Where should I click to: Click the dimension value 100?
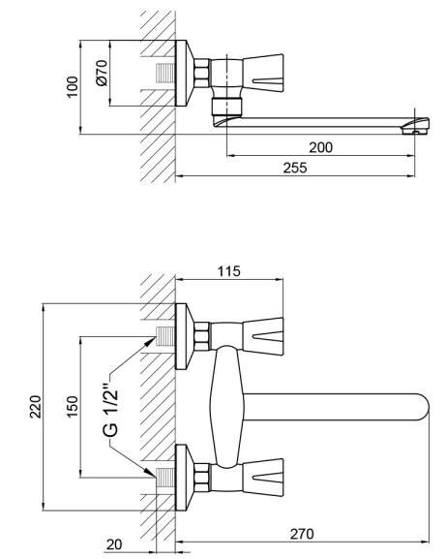73,86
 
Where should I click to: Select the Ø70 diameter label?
102,73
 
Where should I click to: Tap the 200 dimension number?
320,147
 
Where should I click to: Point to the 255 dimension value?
295,168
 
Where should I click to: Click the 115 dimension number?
229,271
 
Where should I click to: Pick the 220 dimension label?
36,407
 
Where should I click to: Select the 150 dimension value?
73,407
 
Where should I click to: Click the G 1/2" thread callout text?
110,411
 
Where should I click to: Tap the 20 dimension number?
114,544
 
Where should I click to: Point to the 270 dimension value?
302,534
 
